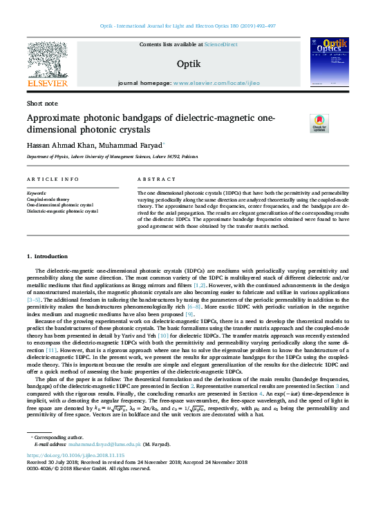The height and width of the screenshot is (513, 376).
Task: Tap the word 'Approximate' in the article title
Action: (55, 117)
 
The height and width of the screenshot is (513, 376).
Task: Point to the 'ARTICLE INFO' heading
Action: (53, 180)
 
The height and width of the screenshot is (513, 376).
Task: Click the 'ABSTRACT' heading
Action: (152, 180)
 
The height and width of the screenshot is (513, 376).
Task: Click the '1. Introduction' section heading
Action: (47, 257)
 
